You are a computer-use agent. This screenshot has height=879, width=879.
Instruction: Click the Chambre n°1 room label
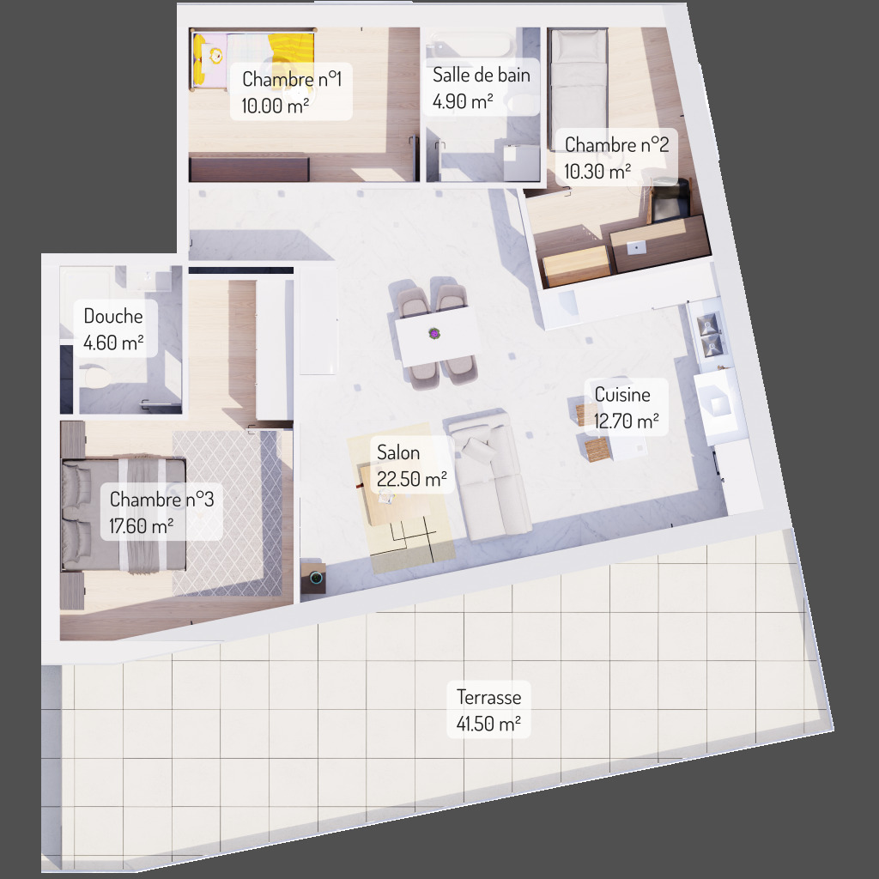(x=292, y=79)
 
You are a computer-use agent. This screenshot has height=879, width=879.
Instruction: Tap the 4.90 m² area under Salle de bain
(x=463, y=101)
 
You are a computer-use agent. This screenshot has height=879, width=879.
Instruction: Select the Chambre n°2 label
(x=616, y=144)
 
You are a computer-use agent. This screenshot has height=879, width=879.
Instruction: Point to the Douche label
(x=113, y=316)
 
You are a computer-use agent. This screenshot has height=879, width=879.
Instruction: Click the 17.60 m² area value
(x=142, y=526)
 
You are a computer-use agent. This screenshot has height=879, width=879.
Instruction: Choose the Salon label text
(x=398, y=452)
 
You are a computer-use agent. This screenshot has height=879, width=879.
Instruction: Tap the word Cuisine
(x=622, y=395)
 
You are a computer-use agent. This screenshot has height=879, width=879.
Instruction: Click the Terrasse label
(x=488, y=697)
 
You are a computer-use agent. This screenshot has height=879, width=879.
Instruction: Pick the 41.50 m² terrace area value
(x=488, y=724)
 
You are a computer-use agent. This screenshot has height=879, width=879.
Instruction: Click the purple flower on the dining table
(x=433, y=334)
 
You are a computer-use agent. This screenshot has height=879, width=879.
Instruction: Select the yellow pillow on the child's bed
(x=199, y=60)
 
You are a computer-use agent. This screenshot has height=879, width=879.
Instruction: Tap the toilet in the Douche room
(x=96, y=376)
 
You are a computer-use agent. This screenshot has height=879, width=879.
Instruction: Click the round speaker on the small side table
(x=316, y=577)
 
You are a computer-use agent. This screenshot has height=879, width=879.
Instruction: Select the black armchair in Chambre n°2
(x=670, y=201)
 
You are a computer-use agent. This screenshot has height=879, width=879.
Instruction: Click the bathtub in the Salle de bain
(x=472, y=44)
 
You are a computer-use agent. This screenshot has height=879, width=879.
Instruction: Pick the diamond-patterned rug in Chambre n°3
(x=227, y=513)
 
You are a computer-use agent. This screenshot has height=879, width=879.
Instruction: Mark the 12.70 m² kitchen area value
(x=626, y=421)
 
